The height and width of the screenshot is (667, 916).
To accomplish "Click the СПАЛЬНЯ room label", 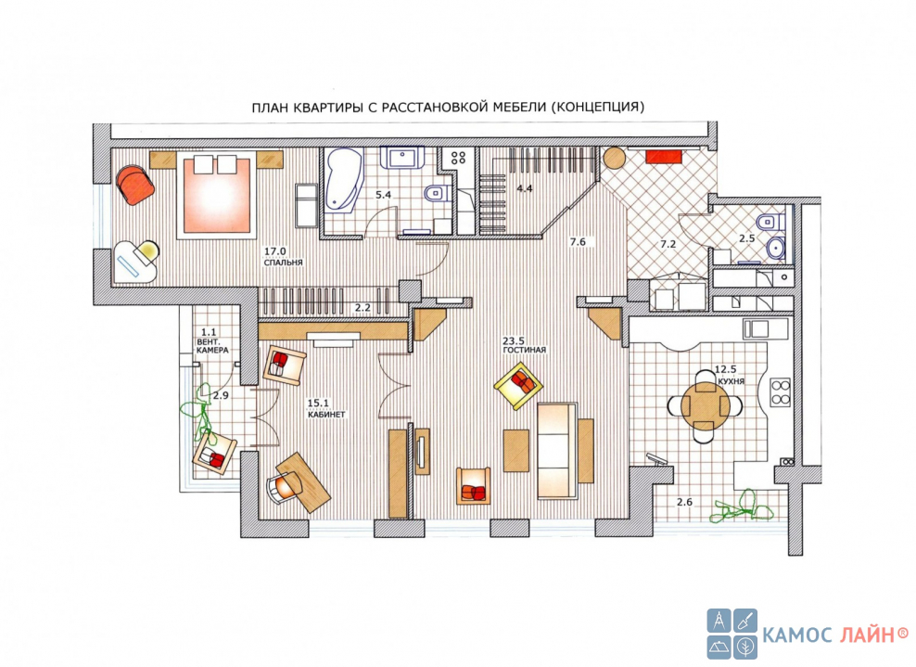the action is (284, 263).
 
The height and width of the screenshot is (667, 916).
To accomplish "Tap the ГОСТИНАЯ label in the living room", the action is (525, 350).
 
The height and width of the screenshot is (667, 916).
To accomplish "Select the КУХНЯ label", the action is (732, 380).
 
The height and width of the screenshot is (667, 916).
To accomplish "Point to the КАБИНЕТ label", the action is (326, 414).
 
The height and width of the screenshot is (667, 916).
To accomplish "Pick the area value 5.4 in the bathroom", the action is (383, 195).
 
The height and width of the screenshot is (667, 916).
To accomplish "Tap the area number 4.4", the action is (525, 188).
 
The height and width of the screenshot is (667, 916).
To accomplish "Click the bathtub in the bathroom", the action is (344, 178).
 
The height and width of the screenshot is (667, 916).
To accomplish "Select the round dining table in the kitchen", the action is (706, 404).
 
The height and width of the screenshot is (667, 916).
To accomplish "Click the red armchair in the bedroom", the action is (135, 184).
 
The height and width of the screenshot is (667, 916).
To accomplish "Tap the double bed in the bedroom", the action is (217, 195).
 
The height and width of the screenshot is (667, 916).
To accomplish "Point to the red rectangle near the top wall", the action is (664, 157).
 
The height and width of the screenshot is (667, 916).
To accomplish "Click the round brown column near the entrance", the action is (614, 158).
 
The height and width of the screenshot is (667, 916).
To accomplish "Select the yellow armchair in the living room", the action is (518, 386).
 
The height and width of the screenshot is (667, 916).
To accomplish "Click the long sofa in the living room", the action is (557, 450).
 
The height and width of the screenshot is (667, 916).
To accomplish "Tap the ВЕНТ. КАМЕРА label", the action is (212, 345).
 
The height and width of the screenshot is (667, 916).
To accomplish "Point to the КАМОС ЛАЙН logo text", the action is (836, 634).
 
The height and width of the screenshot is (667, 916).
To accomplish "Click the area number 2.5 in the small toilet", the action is (746, 238).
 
